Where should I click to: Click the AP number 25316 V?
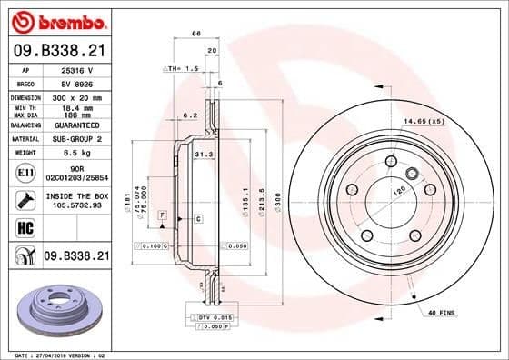76,69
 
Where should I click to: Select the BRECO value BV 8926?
76,82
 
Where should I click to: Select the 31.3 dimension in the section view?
204,155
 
